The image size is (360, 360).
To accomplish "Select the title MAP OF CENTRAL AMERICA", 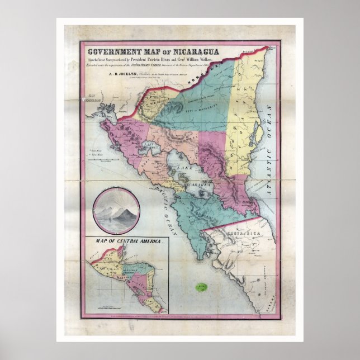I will tap(125, 241).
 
